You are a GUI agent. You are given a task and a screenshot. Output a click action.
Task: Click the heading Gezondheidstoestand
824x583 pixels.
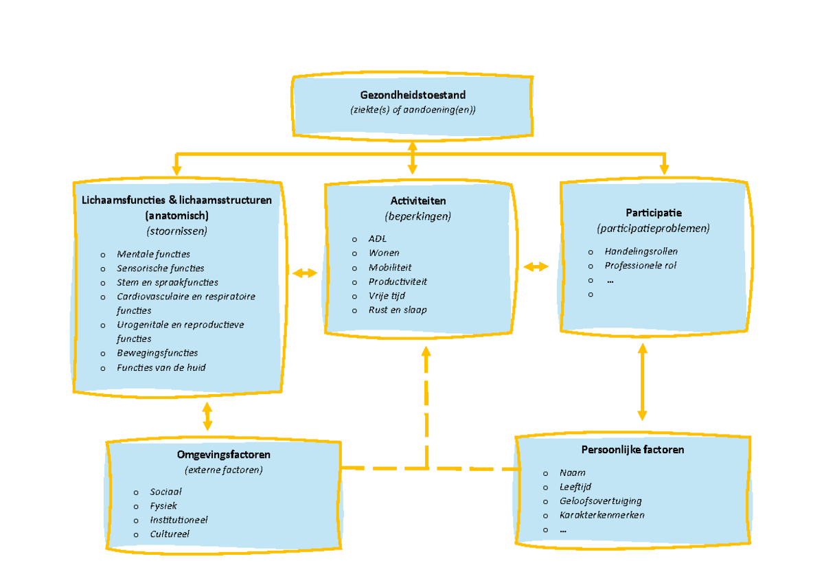pyautogui.click(x=412, y=95)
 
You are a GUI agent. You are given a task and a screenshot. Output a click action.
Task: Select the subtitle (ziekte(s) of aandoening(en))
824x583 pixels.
pyautogui.click(x=412, y=110)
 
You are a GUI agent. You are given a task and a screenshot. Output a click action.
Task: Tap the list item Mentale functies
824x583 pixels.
pyautogui.click(x=153, y=254)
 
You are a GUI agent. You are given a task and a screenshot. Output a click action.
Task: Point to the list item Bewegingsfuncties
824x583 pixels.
pyautogui.click(x=157, y=353)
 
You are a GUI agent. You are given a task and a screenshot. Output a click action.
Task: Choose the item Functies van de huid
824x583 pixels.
pyautogui.click(x=161, y=367)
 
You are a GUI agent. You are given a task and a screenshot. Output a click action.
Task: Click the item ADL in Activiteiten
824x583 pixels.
pyautogui.click(x=377, y=239)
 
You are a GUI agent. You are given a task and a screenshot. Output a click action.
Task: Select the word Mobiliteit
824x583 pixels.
pyautogui.click(x=390, y=267)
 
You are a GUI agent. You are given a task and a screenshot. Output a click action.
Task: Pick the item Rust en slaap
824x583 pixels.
pyautogui.click(x=398, y=310)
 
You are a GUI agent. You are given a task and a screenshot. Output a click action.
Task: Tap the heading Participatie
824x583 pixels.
pyautogui.click(x=654, y=213)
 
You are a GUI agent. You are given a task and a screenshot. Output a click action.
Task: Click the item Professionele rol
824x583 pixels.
pyautogui.click(x=640, y=265)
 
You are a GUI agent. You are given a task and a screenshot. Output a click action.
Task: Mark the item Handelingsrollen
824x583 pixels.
pyautogui.click(x=641, y=251)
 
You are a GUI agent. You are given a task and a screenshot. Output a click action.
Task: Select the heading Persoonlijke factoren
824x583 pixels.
pyautogui.click(x=632, y=450)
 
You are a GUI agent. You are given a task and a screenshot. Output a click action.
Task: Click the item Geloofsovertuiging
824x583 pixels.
pyautogui.click(x=600, y=501)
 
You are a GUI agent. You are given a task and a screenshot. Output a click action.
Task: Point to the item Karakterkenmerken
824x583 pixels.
pyautogui.click(x=602, y=515)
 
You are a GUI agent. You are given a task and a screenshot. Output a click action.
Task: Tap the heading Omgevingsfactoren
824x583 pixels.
pyautogui.click(x=223, y=455)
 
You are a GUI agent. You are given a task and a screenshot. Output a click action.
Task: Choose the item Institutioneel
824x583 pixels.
pyautogui.click(x=179, y=520)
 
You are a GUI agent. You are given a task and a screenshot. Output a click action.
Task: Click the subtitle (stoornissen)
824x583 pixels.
pyautogui.click(x=176, y=231)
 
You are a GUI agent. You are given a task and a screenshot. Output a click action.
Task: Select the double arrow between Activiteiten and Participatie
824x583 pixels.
pyautogui.click(x=536, y=266)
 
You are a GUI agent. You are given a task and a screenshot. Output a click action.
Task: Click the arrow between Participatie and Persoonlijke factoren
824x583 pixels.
pyautogui.click(x=642, y=382)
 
